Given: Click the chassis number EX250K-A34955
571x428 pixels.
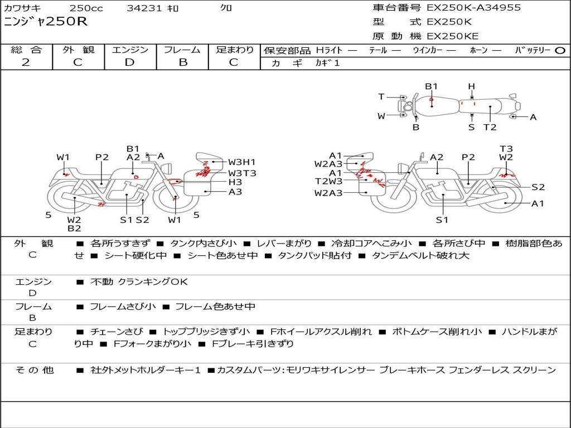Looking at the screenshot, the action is tap(473, 8).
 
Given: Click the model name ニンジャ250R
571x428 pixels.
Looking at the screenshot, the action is tap(46, 22).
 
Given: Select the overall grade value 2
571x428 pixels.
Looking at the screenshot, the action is tap(26, 62).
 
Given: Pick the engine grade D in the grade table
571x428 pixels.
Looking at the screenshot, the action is tap(129, 62).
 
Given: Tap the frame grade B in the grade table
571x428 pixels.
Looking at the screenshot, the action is tap(182, 62).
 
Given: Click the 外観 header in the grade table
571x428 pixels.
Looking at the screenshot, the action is tap(78, 50).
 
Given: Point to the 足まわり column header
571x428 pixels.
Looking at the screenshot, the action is tap(235, 50).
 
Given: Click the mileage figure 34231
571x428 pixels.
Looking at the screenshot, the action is tap(144, 8).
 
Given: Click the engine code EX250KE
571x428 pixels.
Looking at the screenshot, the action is tap(452, 36).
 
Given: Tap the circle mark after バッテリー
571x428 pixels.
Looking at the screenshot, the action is tap(560, 50).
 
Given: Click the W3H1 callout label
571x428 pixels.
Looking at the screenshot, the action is tap(241, 162).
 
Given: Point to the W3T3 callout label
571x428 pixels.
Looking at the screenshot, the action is tap(242, 173).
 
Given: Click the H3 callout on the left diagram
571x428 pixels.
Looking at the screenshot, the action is tap(235, 182).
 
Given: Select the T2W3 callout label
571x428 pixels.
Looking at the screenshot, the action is tap(328, 181).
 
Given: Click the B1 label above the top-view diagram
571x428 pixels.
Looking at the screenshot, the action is tap(432, 86).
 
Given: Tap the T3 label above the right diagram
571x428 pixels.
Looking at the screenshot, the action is tap(506, 148).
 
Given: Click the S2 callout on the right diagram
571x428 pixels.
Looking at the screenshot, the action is tap(538, 187).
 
